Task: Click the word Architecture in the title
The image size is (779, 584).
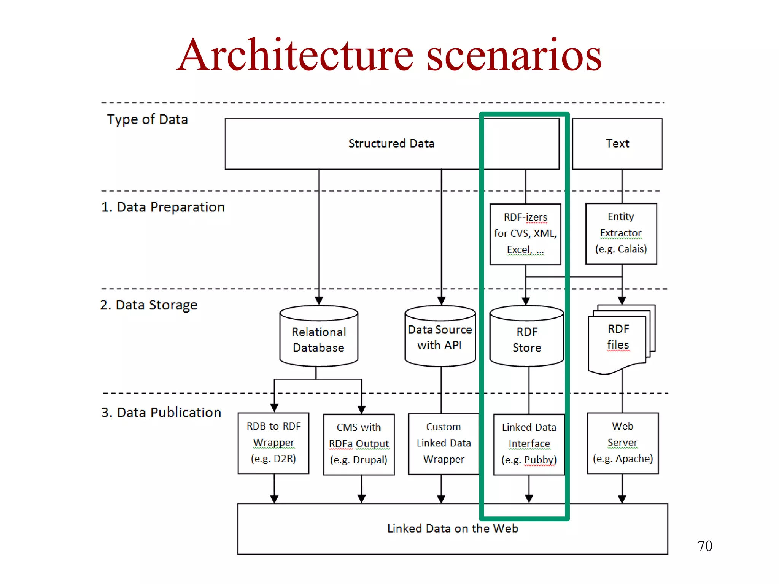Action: [x=295, y=56]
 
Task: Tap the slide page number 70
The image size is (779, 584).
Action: [x=704, y=546]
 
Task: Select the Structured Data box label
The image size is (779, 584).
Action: [x=391, y=144]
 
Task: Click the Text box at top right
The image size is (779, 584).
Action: [x=617, y=144]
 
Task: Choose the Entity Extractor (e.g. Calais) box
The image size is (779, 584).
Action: [x=621, y=233]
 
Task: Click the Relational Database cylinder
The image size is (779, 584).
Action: [x=319, y=340]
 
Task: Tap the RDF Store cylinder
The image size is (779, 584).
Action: [x=527, y=340]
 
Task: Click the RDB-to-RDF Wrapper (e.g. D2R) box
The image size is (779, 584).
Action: [x=273, y=443]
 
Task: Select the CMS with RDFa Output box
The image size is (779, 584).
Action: [x=359, y=444]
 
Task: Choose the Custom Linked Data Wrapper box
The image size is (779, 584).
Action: [x=444, y=443]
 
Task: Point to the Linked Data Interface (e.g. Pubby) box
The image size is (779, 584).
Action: [x=529, y=444]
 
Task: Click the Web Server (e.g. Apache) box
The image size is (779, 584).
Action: [x=623, y=443]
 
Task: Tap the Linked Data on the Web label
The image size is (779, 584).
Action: [x=453, y=528]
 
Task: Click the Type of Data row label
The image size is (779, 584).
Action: [x=147, y=120]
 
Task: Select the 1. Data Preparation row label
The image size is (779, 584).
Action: [x=163, y=207]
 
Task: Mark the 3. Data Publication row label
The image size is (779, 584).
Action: [x=161, y=413]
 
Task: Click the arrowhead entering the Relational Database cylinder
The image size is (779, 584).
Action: [x=319, y=301]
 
